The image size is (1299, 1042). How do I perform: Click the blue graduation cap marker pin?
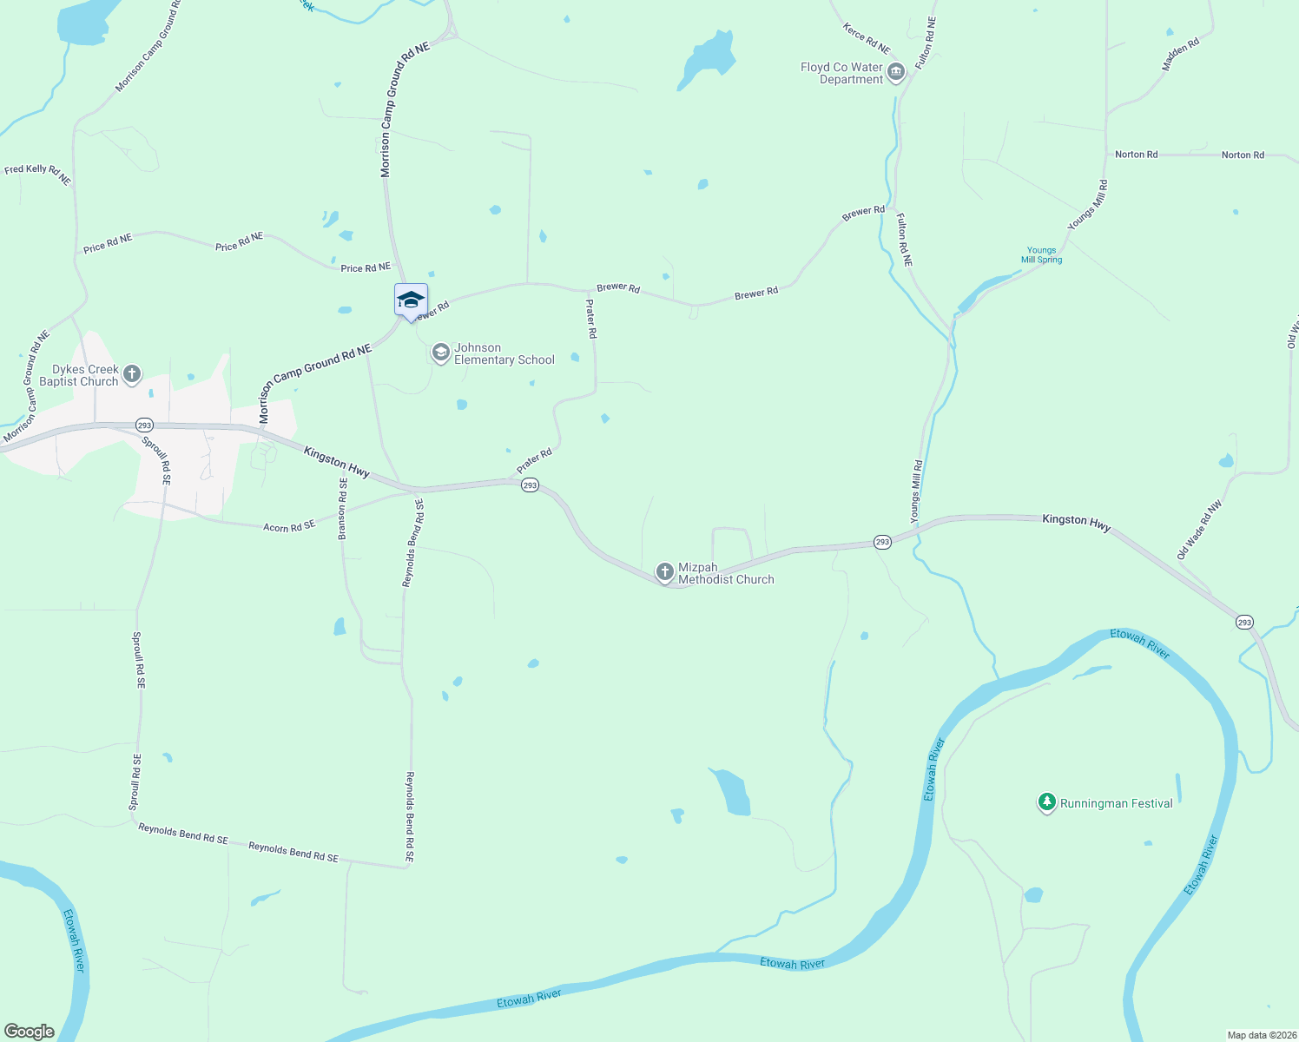pos(411,300)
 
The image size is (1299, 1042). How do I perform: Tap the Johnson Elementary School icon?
pos(441,353)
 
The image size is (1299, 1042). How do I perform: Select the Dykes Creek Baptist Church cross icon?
pos(132,374)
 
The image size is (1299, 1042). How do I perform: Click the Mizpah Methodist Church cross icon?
pos(665,572)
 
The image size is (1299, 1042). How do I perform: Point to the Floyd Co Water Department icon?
pos(896,72)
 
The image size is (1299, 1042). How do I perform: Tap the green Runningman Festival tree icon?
pos(1047,802)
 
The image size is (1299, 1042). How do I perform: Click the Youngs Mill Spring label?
pos(1041,254)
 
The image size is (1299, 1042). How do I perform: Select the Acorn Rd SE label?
pos(289,526)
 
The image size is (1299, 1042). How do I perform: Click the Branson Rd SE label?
pos(342,509)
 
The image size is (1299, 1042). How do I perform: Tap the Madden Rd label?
pos(1181,54)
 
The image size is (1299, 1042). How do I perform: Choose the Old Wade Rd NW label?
pos(1199,529)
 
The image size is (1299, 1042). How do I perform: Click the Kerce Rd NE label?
pos(866,38)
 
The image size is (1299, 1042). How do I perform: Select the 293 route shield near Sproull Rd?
pos(144,425)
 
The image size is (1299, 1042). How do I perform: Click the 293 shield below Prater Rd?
pos(530,485)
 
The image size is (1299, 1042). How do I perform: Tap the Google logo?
pos(30,1032)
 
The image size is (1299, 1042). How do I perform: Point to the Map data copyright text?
pos(1261,1035)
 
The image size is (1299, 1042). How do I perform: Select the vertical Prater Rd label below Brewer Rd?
pos(591,319)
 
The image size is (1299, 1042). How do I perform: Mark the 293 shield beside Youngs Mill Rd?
pos(882,542)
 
